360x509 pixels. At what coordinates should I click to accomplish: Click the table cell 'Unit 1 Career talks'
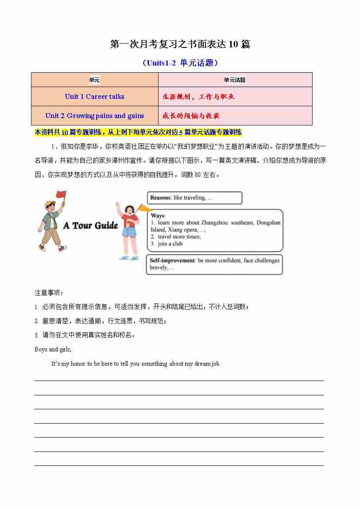pyautogui.click(x=94, y=97)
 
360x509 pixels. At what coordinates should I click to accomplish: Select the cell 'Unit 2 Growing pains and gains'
pyautogui.click(x=94, y=116)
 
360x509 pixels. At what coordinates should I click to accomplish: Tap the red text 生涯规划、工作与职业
pyautogui.click(x=198, y=97)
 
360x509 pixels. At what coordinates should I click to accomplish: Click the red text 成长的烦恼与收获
pyautogui.click(x=191, y=116)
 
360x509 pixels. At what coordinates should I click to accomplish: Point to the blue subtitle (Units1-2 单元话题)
pyautogui.click(x=180, y=63)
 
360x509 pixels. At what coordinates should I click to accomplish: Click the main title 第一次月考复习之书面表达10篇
pyautogui.click(x=180, y=44)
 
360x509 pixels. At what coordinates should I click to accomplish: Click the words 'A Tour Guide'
pyautogui.click(x=91, y=226)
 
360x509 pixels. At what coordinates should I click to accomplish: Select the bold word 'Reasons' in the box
pyautogui.click(x=160, y=198)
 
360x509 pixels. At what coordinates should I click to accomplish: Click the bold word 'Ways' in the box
pyautogui.click(x=158, y=216)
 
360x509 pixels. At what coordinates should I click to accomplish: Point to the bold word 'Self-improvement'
pyautogui.click(x=172, y=260)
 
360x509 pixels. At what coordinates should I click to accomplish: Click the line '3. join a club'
pyautogui.click(x=167, y=244)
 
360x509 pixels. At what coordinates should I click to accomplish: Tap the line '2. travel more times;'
pyautogui.click(x=175, y=237)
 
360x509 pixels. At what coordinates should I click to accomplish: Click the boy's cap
pyautogui.click(x=50, y=204)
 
